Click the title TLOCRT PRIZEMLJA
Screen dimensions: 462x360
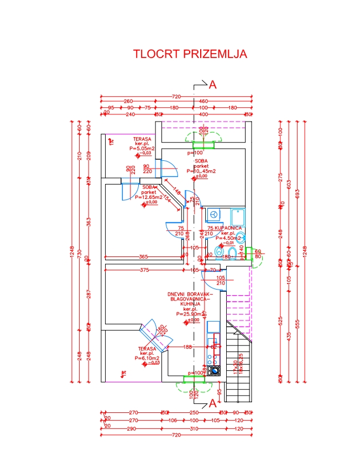190,54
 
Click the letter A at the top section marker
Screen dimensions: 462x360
212,85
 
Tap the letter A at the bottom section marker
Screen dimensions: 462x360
212,404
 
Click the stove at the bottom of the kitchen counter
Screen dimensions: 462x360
213,370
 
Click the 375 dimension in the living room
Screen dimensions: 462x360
144,270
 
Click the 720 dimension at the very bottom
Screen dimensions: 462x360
177,435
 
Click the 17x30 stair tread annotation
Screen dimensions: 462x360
234,365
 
